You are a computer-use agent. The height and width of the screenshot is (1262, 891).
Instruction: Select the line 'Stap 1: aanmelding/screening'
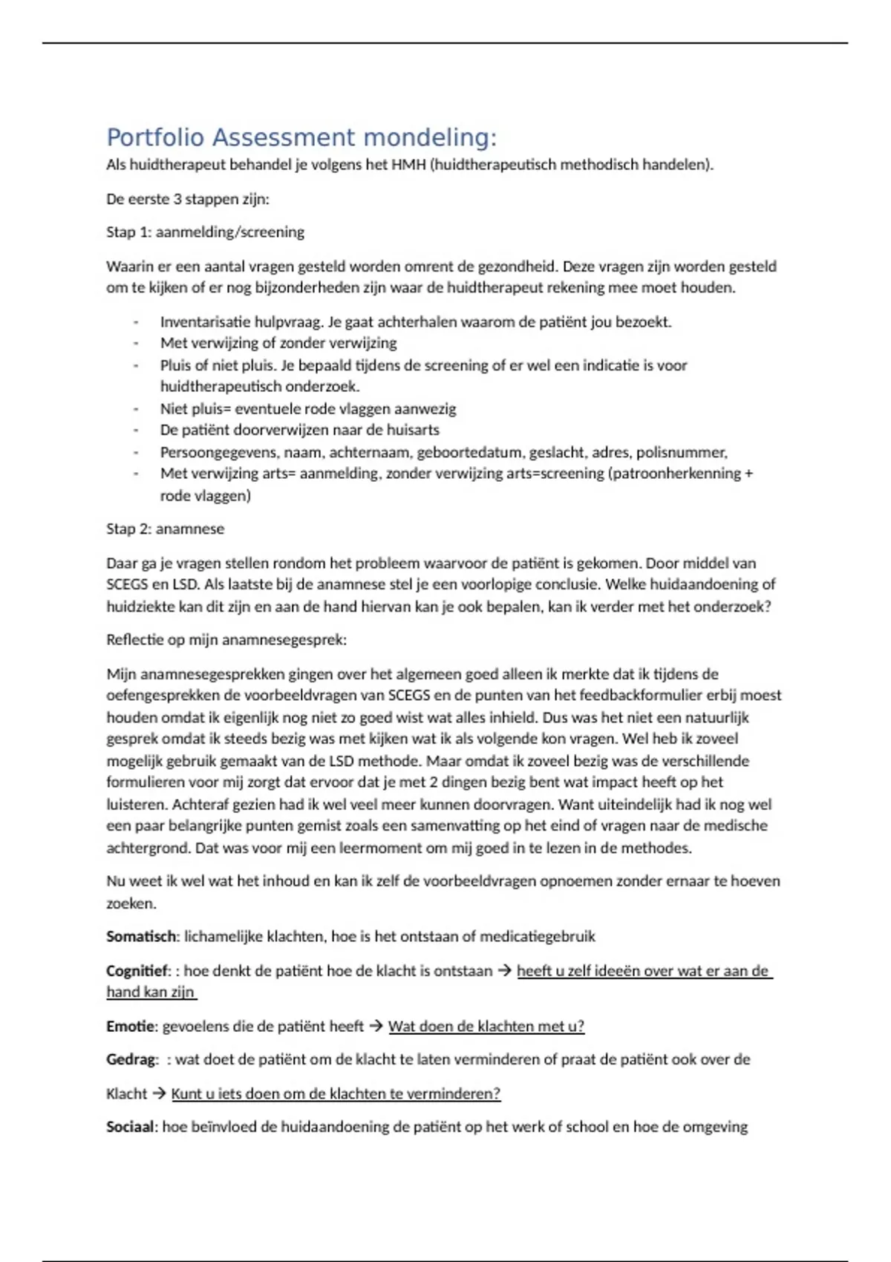point(205,232)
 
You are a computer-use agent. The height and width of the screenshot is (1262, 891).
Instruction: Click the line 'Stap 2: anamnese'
point(165,529)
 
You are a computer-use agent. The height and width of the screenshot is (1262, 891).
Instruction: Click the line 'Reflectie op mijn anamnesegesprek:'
point(226,640)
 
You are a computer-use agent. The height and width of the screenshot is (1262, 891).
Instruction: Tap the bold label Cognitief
point(138,971)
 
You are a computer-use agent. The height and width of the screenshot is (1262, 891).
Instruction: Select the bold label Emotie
point(131,1027)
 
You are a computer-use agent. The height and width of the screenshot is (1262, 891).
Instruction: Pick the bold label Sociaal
point(131,1127)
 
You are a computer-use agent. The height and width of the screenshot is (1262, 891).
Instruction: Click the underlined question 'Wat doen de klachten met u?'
point(486,1027)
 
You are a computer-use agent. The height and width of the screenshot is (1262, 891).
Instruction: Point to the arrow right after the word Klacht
point(160,1093)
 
